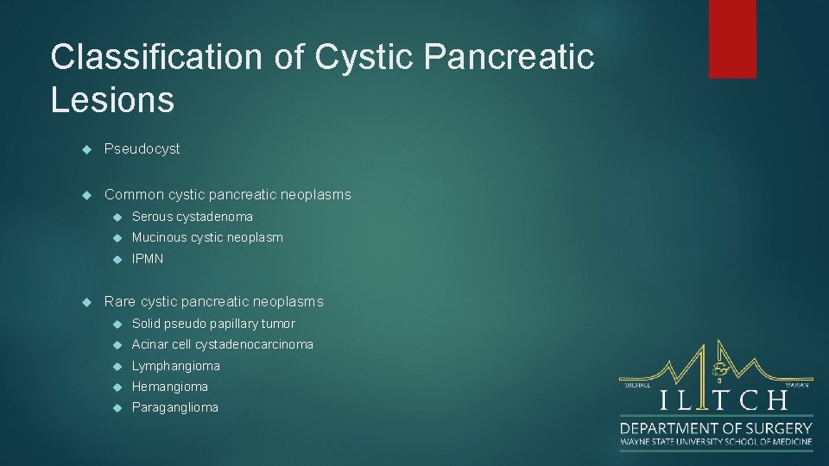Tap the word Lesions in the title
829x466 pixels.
112,99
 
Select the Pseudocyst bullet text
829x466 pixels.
142,148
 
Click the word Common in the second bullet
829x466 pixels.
133,194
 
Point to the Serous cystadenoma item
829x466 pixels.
192,217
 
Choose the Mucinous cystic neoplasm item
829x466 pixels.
206,237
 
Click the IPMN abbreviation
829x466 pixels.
147,259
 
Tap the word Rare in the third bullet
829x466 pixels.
120,301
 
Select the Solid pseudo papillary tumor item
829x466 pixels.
212,324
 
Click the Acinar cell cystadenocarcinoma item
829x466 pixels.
222,344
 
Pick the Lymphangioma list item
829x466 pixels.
175,366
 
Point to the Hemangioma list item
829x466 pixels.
169,387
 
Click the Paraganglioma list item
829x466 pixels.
174,407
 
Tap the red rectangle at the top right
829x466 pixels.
732,39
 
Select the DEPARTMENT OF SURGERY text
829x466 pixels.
716,428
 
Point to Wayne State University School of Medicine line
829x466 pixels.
716,442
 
